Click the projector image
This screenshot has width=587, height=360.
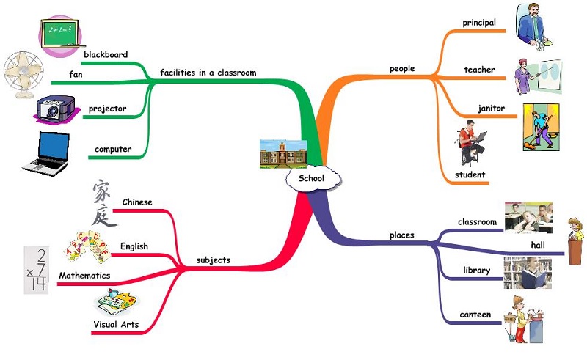pyautogui.click(x=55, y=109)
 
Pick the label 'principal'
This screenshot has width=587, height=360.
pyautogui.click(x=479, y=23)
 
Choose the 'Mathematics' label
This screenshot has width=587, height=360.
pyautogui.click(x=84, y=276)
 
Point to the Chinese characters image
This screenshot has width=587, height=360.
pyautogui.click(x=105, y=203)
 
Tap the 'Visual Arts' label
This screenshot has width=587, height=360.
pyautogui.click(x=116, y=325)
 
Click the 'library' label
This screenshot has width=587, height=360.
pyautogui.click(x=476, y=271)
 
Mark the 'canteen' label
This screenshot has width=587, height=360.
pyautogui.click(x=475, y=315)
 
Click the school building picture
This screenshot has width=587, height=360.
pyautogui.click(x=282, y=153)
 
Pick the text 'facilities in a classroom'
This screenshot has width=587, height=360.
pyautogui.click(x=208, y=73)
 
